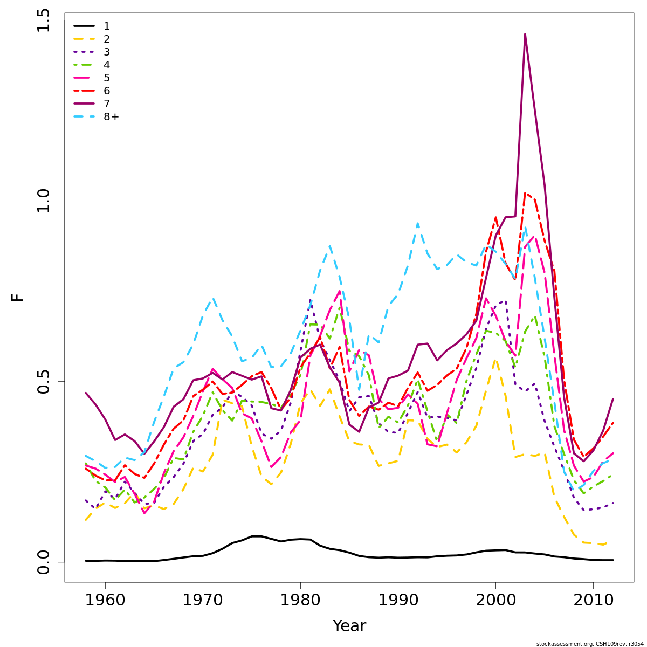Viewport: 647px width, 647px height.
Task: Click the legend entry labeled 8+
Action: click(111, 117)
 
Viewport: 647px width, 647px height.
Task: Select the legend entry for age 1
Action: click(107, 26)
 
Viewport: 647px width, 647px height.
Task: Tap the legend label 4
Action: click(107, 65)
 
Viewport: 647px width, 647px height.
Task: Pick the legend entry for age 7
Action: click(107, 104)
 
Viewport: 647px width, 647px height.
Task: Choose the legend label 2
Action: click(107, 39)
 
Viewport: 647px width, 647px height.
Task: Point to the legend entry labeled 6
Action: click(107, 91)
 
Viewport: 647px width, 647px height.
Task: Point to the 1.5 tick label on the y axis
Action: click(44, 20)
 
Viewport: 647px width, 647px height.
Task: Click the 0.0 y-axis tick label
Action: click(44, 561)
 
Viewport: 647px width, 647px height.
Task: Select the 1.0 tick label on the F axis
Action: click(44, 201)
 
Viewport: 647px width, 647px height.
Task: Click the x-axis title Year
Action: click(349, 626)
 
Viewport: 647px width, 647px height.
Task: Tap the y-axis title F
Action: click(18, 297)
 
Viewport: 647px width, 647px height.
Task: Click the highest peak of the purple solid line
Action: click(525, 35)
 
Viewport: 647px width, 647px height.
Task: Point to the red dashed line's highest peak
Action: click(526, 193)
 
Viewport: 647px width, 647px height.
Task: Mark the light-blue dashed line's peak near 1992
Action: click(417, 223)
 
